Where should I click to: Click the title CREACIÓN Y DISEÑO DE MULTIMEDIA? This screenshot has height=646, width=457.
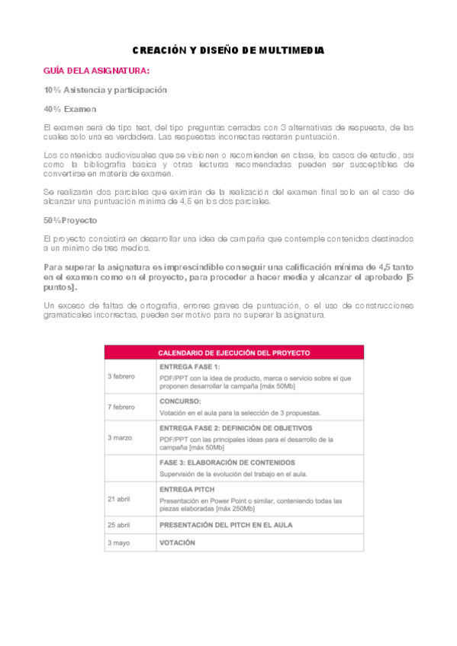click(228, 50)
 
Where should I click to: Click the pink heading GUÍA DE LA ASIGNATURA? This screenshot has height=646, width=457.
click(96, 71)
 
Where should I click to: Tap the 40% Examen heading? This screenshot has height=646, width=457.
click(69, 109)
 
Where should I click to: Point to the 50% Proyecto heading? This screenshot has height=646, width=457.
click(71, 220)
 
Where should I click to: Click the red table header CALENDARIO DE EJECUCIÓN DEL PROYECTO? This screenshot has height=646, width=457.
click(233, 353)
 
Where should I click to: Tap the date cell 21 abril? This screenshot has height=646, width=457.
click(121, 498)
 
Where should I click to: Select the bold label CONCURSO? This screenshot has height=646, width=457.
click(180, 400)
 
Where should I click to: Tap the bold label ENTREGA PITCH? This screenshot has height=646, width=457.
click(187, 488)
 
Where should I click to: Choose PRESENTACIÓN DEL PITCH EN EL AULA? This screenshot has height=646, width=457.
click(226, 525)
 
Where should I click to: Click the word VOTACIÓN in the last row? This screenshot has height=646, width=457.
click(177, 542)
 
